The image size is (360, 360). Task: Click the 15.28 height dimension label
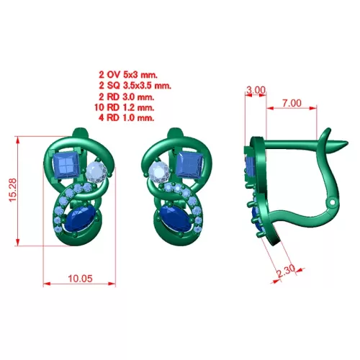(x=13, y=190)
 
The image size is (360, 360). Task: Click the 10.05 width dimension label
(x=80, y=279)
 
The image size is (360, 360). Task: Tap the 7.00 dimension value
(x=292, y=103)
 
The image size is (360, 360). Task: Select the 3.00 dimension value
(x=256, y=90)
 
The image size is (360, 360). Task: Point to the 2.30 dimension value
(x=286, y=271)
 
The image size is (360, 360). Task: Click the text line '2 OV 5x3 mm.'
(x=128, y=75)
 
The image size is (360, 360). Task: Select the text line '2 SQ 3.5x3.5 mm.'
(x=135, y=86)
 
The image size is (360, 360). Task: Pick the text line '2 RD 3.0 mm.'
(x=127, y=96)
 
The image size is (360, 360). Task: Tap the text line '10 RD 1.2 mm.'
(x=125, y=107)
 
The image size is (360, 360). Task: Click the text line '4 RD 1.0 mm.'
(x=127, y=117)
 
